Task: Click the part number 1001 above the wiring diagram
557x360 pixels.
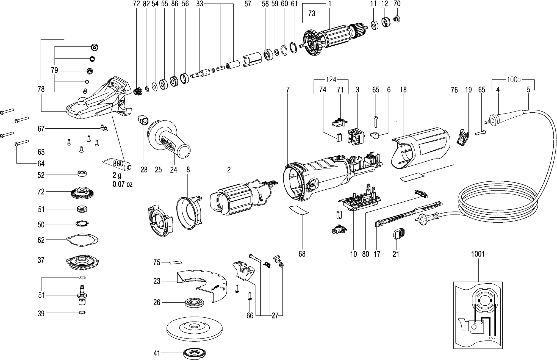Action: coord(478,254)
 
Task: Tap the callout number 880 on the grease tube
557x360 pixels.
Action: coord(118,164)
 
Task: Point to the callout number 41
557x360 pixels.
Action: coord(157,353)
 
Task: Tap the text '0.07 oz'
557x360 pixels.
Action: coord(123,184)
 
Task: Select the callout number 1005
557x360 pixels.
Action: coord(514,80)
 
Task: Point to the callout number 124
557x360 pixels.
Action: coord(331,80)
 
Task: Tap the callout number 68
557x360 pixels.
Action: coord(302,254)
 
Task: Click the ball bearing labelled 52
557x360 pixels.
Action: coord(82,173)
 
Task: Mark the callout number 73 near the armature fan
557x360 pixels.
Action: coord(312,13)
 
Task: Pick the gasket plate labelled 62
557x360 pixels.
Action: coord(83,240)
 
